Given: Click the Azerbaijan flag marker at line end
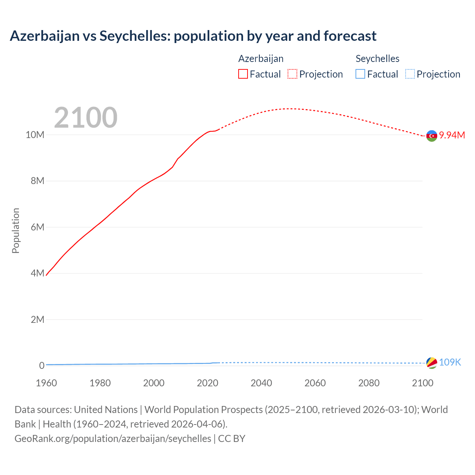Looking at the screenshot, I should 432,136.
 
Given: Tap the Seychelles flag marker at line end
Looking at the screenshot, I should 432,363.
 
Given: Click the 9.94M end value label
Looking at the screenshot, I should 452,135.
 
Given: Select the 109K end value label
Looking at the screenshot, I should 450,363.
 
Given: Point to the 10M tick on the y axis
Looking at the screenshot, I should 35,135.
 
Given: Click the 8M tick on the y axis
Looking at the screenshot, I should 37,181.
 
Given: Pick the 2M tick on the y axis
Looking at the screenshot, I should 37,320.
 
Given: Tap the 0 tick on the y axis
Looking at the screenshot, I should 42,366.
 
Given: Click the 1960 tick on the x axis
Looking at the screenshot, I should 46,383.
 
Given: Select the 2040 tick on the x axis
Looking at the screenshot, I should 261,383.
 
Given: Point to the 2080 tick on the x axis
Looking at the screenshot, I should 369,383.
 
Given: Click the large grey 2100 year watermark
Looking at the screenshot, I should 86,118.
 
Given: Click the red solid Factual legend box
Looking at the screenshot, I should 243,74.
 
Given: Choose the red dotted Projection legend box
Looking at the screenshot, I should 292,74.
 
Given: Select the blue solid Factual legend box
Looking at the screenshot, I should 360,74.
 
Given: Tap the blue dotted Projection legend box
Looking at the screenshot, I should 410,74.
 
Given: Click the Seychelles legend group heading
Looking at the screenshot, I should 377,59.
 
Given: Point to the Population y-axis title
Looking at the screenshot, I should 16,231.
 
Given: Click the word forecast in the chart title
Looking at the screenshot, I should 350,36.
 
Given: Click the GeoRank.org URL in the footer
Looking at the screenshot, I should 113,439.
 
